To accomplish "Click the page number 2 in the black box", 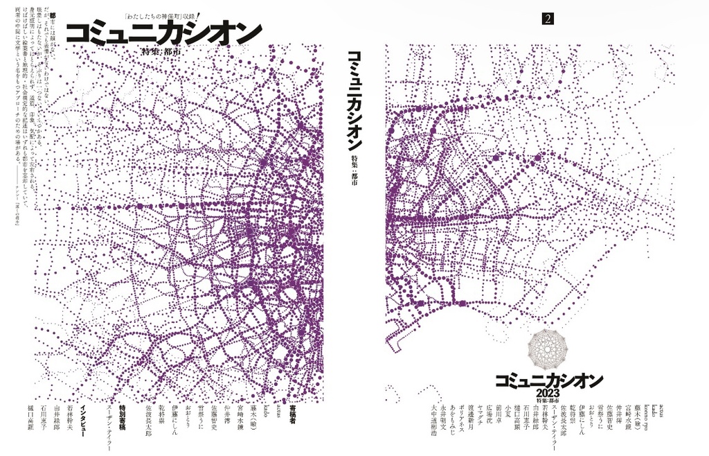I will [x=548, y=19].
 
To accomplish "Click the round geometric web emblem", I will [x=548, y=349].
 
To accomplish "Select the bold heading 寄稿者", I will [x=292, y=415].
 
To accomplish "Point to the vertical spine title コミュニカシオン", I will [x=354, y=100].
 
